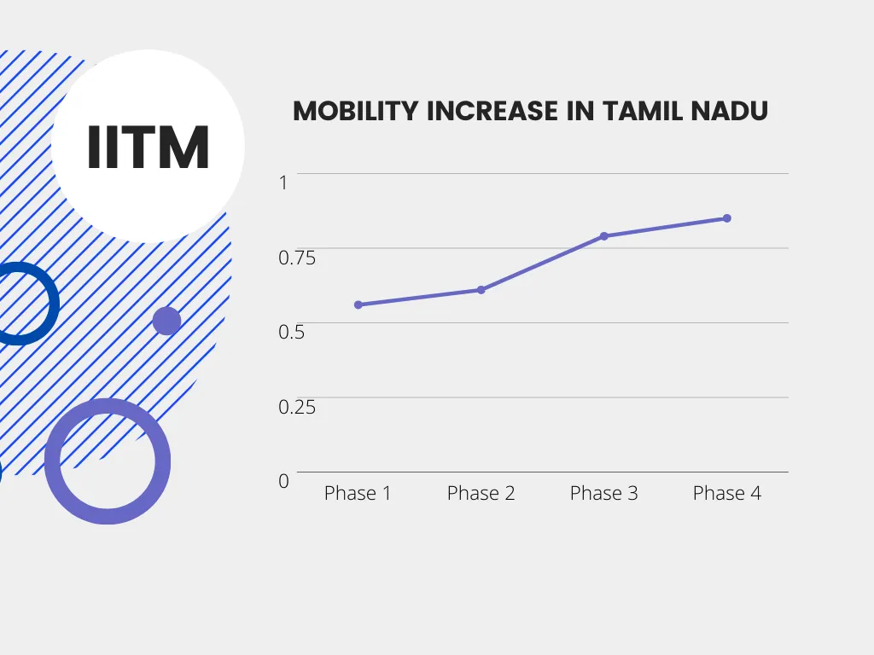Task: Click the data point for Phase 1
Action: point(358,304)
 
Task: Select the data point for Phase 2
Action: point(481,290)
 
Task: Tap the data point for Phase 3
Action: point(604,236)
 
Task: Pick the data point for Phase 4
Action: point(727,218)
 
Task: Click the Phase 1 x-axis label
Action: point(358,493)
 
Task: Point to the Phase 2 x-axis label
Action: point(481,493)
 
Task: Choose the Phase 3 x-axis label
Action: point(604,493)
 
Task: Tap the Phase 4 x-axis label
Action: point(727,493)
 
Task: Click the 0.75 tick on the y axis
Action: point(297,257)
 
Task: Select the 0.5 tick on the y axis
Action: point(292,332)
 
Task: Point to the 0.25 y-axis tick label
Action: point(297,407)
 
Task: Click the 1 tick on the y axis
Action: point(284,182)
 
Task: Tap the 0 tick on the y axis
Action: point(284,481)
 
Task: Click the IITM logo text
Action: point(149,147)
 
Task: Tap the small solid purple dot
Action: point(166,321)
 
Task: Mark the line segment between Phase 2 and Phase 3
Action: point(543,263)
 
